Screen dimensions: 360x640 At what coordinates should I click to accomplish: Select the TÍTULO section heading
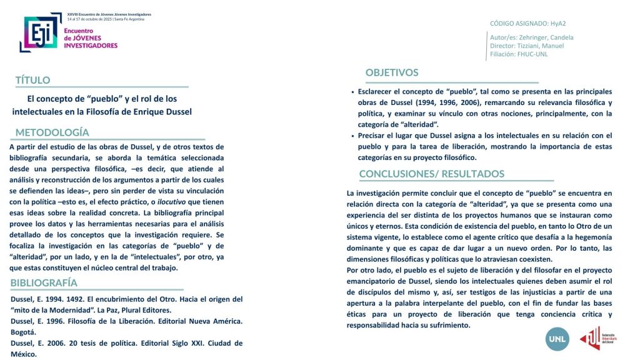click(x=32, y=80)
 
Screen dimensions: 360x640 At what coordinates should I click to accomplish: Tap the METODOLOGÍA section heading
click(x=52, y=132)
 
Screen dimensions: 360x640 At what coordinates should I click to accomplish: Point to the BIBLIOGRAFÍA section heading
click(x=44, y=283)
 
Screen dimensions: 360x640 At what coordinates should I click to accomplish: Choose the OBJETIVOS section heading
click(x=392, y=72)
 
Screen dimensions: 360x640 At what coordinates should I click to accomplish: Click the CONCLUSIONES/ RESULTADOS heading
click(x=431, y=174)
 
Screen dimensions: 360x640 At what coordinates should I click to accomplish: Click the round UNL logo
click(x=557, y=338)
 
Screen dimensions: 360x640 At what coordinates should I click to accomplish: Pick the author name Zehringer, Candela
click(x=549, y=37)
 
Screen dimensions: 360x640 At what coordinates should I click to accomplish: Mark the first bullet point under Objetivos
click(x=353, y=92)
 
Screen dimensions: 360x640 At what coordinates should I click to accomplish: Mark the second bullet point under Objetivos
click(x=353, y=136)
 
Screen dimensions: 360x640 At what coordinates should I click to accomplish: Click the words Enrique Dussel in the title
click(x=161, y=111)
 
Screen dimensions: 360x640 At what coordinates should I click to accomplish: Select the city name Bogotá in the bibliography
click(x=24, y=332)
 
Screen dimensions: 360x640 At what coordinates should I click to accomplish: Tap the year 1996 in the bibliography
click(x=58, y=321)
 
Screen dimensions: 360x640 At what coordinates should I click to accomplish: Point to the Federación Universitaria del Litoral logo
click(x=590, y=338)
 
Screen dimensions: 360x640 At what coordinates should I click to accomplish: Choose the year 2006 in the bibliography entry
click(x=58, y=343)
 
